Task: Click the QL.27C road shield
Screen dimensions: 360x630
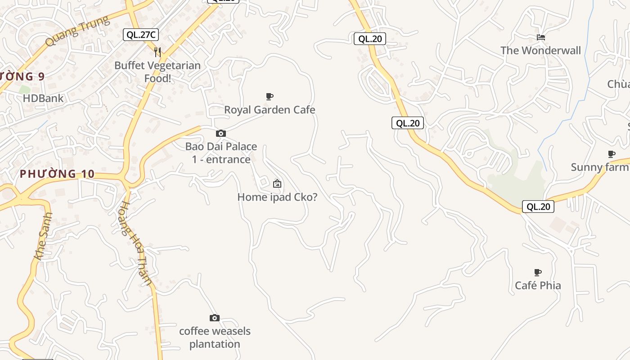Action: pos(141,35)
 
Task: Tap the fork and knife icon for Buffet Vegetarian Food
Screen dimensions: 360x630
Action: pos(157,52)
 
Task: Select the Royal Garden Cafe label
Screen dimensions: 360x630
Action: pos(270,110)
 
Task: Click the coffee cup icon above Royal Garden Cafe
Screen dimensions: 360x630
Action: pos(270,96)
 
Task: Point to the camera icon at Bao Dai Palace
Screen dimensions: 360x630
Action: pos(221,133)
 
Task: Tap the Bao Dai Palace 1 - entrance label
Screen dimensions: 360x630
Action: pos(221,153)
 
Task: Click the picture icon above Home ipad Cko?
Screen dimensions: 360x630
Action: pos(277,184)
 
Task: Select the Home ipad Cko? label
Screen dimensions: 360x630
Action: pos(277,197)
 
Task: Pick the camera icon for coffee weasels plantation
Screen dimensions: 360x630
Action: pos(215,318)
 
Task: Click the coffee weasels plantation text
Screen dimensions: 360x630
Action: pos(215,337)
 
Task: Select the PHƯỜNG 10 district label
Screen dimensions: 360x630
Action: pos(57,174)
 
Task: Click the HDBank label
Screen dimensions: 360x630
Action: pos(43,98)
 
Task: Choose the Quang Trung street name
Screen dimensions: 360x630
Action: pos(77,31)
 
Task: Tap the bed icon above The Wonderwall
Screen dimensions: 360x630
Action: pos(541,37)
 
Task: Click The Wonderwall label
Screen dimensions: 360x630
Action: pos(541,50)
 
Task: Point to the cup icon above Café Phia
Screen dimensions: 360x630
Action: pos(538,272)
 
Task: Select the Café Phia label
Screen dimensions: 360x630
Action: pos(538,286)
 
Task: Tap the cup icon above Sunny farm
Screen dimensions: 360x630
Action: pos(612,154)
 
